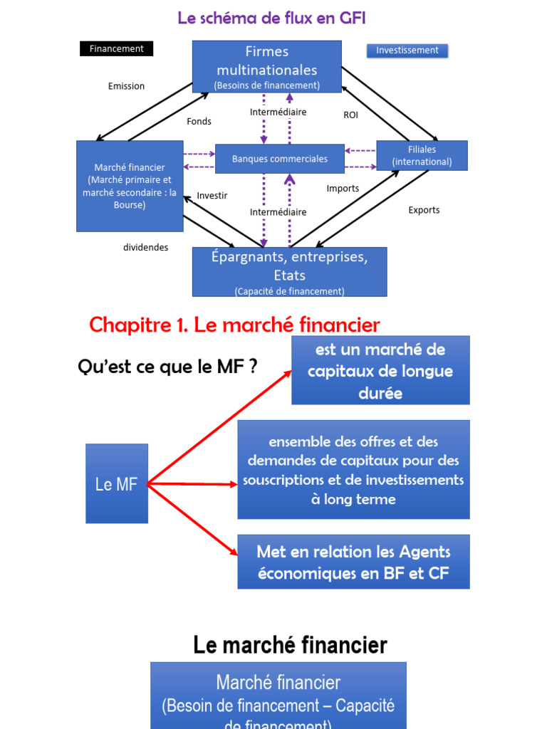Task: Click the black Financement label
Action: pyautogui.click(x=117, y=49)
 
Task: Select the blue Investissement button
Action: pyautogui.click(x=407, y=51)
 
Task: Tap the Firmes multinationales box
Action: pyautogui.click(x=267, y=66)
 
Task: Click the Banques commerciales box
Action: pyautogui.click(x=280, y=159)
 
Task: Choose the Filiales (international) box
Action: pyautogui.click(x=422, y=155)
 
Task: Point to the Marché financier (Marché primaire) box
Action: pyautogui.click(x=130, y=186)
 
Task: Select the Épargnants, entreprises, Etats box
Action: pyautogui.click(x=289, y=272)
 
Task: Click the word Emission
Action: pyautogui.click(x=126, y=86)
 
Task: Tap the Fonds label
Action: pyautogui.click(x=199, y=122)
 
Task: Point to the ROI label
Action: pyautogui.click(x=351, y=115)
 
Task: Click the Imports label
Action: pyautogui.click(x=343, y=189)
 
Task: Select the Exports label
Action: pyautogui.click(x=424, y=210)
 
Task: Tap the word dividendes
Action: pyautogui.click(x=146, y=248)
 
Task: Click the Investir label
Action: pyautogui.click(x=212, y=196)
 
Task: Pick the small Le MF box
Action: pyautogui.click(x=117, y=484)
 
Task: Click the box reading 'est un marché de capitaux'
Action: pyautogui.click(x=380, y=370)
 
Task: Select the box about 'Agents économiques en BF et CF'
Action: pyautogui.click(x=353, y=562)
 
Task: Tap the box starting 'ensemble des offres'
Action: pyautogui.click(x=353, y=470)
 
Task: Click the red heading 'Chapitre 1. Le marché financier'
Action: pyautogui.click(x=234, y=325)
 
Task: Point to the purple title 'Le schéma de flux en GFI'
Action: pyautogui.click(x=271, y=18)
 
